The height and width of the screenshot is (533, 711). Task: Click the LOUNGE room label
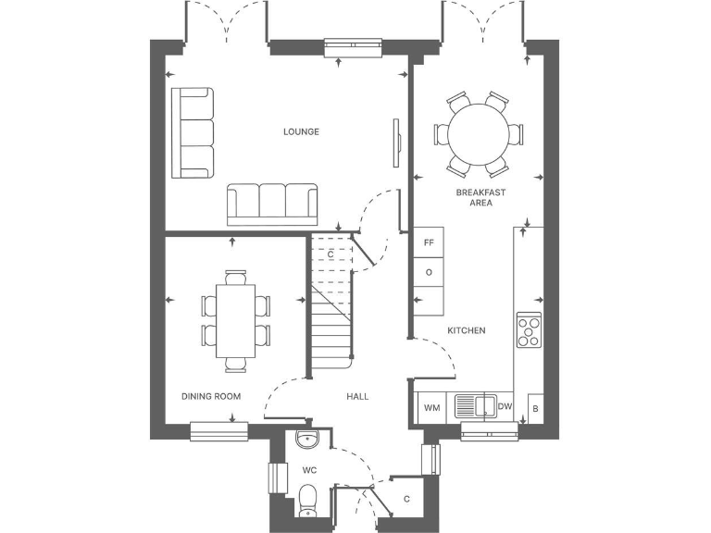click(x=301, y=131)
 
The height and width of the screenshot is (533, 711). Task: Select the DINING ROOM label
click(x=211, y=396)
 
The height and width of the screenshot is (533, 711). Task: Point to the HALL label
click(x=357, y=396)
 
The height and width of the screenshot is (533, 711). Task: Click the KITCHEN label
click(x=467, y=330)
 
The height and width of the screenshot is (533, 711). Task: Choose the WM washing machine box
click(x=430, y=407)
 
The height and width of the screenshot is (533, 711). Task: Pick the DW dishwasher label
click(x=505, y=406)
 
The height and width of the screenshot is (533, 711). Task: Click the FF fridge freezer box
click(x=429, y=242)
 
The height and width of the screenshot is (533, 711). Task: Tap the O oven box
click(x=429, y=272)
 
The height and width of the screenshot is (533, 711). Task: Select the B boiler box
click(x=535, y=407)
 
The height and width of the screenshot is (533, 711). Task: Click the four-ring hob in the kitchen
click(x=530, y=331)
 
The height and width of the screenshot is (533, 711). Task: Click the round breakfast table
click(x=479, y=134)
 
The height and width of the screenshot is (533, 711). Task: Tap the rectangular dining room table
click(x=236, y=320)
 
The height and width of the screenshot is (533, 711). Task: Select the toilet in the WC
click(x=309, y=501)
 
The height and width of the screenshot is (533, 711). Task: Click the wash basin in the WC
click(x=306, y=439)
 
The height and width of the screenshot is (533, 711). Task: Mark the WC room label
click(x=309, y=470)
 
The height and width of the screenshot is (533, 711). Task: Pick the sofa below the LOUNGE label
click(x=272, y=204)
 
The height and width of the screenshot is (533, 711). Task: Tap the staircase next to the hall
click(x=332, y=315)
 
